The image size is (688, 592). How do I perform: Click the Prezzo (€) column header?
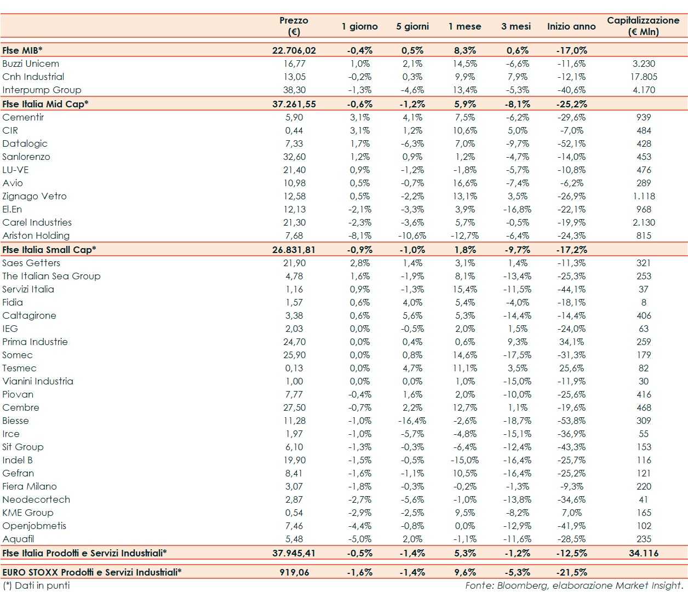tap(294, 26)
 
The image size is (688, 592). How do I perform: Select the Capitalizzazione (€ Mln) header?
tap(643, 26)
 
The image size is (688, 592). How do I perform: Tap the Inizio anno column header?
tap(571, 26)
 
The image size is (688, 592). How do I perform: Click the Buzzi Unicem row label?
tap(31, 64)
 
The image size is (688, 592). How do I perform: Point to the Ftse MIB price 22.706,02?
tap(294, 50)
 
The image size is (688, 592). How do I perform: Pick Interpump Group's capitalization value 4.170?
tap(644, 90)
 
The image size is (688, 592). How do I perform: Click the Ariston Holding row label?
tap(36, 235)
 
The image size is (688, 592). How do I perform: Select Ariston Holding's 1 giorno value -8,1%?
tap(360, 235)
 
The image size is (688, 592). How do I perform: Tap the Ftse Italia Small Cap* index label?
tap(49, 250)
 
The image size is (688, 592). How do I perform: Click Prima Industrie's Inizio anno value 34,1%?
tap(571, 342)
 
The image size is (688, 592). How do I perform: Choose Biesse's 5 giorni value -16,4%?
tap(412, 421)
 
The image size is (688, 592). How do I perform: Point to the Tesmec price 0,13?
tap(294, 368)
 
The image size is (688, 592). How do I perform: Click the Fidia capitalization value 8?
tap(644, 302)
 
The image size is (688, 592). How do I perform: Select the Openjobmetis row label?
tap(35, 526)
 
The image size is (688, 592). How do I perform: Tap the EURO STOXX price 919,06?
tap(294, 572)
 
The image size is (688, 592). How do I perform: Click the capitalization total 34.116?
tap(644, 553)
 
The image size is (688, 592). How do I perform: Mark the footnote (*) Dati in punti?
tap(37, 585)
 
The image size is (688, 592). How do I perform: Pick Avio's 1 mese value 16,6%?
tap(465, 183)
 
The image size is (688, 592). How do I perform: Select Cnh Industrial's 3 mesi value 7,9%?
tap(517, 77)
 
